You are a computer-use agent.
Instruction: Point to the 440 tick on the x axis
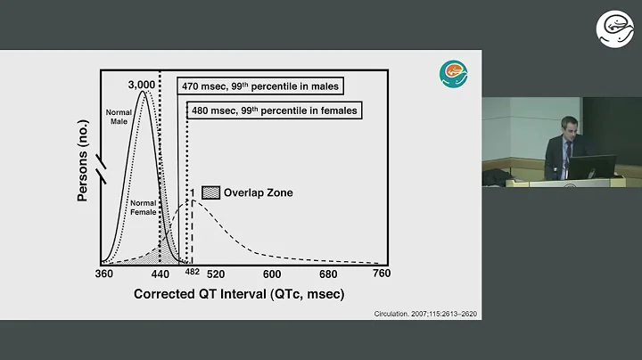tap(160, 274)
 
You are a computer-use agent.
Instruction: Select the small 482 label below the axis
tap(192, 271)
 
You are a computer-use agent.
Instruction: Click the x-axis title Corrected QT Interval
tap(238, 293)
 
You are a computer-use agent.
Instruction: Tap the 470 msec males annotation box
tap(260, 86)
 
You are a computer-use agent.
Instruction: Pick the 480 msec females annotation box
tap(272, 110)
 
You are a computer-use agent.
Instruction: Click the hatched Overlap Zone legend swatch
tap(210, 192)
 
